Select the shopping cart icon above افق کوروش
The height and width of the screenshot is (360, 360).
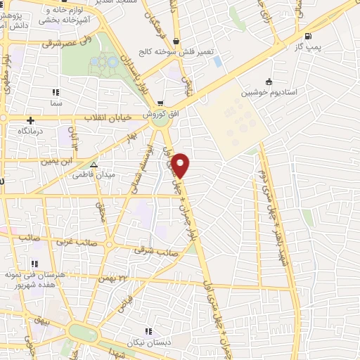pos(161,104)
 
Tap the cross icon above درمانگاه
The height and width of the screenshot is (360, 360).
pos(30,120)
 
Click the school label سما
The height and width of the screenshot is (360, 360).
pos(56,103)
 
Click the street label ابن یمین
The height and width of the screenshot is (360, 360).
pos(58,161)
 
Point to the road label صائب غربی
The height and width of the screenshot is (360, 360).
pos(69,240)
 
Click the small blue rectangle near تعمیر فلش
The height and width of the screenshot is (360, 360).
pos(217,61)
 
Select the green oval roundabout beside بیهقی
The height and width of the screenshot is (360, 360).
pos(82,333)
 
